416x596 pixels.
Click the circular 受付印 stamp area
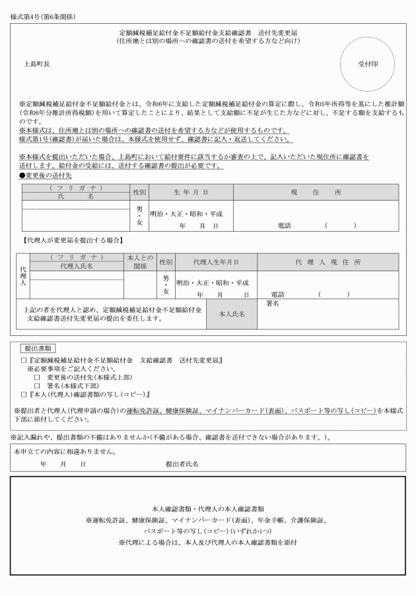coord(368,64)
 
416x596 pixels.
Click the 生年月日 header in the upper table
coord(191,191)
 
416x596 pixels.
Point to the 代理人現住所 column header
coord(328,262)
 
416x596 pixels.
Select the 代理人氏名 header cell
coord(77,267)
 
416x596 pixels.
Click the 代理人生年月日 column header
coord(215,262)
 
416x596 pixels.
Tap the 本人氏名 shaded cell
coord(232,314)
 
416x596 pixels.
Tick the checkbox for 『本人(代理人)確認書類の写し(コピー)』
coord(23,395)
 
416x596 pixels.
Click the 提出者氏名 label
coord(182,464)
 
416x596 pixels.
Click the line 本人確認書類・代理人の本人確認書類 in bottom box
coord(208,510)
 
